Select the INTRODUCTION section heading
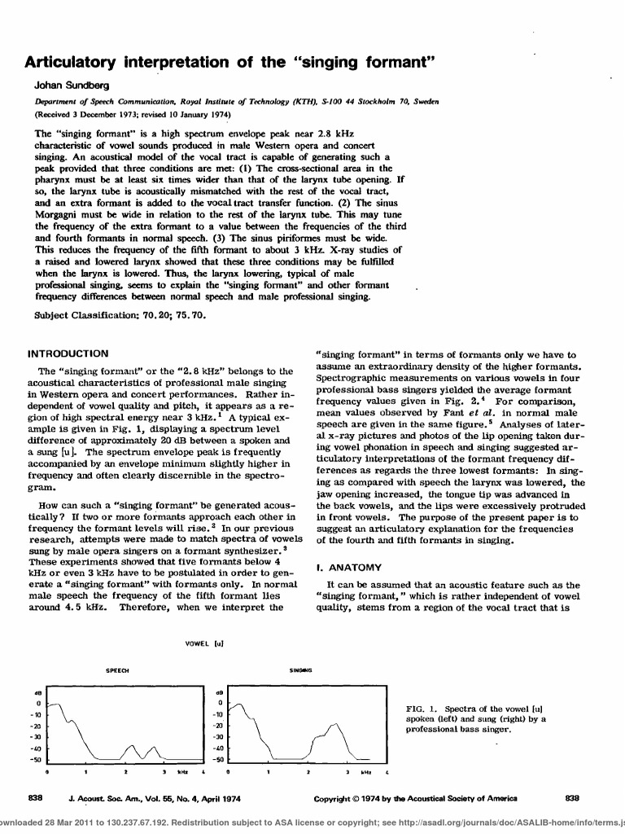[x=68, y=354]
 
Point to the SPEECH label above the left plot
[x=118, y=670]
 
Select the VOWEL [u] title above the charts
[x=205, y=643]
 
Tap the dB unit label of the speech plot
[x=37, y=691]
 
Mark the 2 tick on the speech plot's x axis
[x=125, y=770]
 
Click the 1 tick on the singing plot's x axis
[x=268, y=770]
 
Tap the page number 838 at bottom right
[x=571, y=799]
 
